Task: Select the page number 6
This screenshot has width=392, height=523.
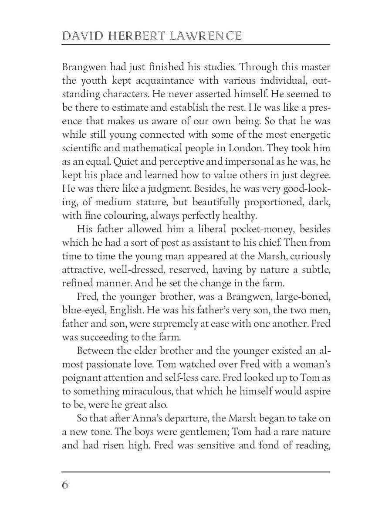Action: coord(65,485)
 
